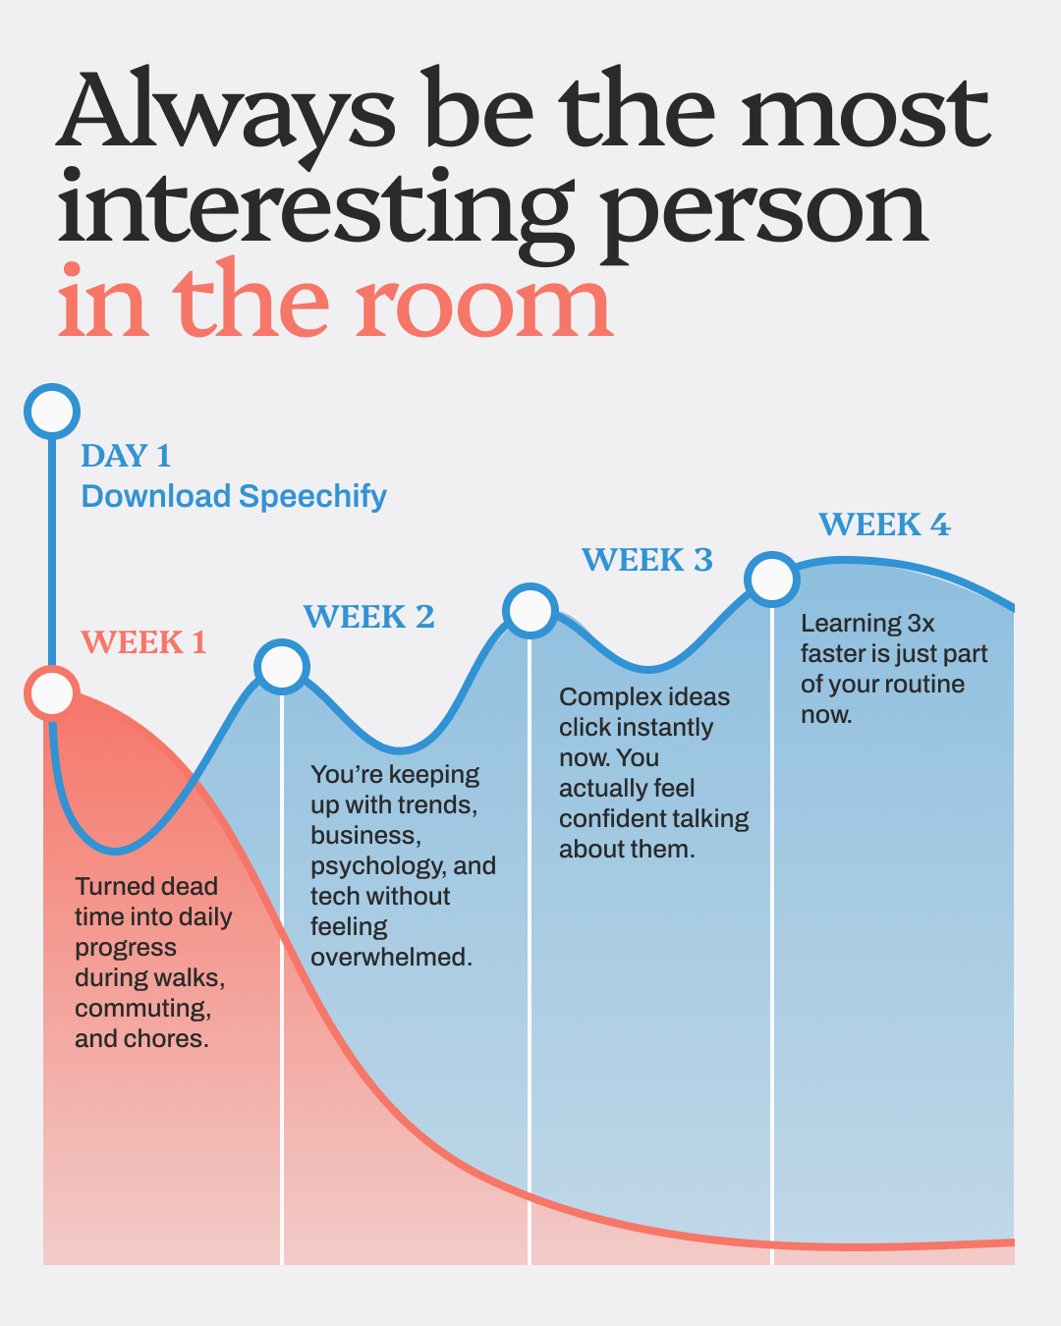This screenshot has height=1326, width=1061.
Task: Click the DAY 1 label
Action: tap(127, 456)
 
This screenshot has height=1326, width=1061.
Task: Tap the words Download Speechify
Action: tap(234, 497)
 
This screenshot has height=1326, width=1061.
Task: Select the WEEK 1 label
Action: tap(143, 642)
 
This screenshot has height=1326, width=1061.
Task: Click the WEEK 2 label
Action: tap(368, 617)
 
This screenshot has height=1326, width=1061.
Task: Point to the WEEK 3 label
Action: tap(647, 560)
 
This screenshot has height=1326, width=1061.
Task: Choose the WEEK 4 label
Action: tap(885, 525)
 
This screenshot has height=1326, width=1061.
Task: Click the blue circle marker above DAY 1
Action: tap(52, 411)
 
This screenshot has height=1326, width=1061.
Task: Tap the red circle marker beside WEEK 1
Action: tap(52, 692)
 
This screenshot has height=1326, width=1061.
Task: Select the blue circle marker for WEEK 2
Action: tap(282, 667)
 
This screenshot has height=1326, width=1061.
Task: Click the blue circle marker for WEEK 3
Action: tap(530, 611)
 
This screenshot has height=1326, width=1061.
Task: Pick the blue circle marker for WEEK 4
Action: tap(772, 580)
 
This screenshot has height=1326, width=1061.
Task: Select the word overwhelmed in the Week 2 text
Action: tap(391, 957)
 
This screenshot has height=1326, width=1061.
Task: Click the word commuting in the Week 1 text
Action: tap(143, 1009)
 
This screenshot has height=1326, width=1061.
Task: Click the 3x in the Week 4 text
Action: tap(921, 624)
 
